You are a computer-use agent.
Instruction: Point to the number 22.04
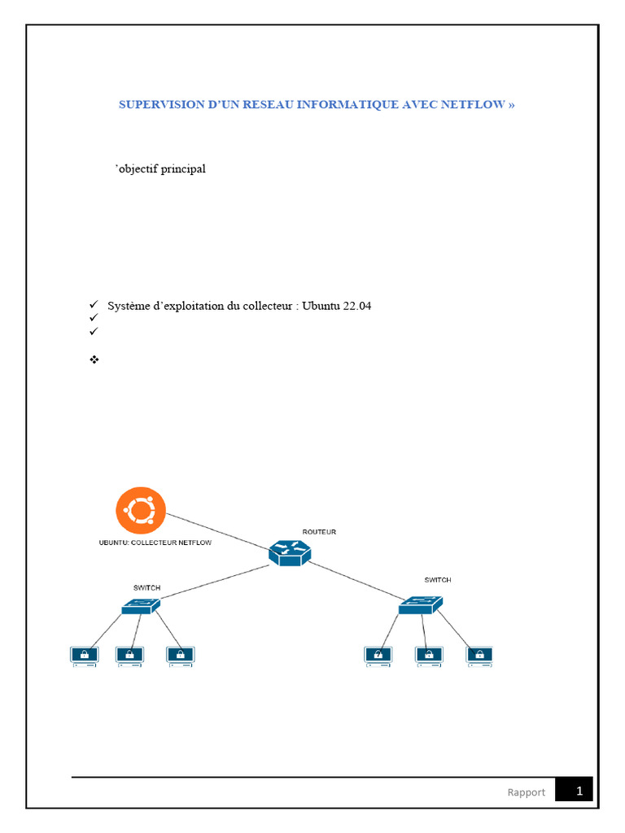point(355,306)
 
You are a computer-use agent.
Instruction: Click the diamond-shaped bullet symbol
point(93,359)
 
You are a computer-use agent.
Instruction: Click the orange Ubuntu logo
point(140,512)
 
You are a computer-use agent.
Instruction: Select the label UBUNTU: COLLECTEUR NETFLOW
point(155,543)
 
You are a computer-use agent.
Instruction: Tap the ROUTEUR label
point(319,532)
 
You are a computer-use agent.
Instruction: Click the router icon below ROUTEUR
point(290,553)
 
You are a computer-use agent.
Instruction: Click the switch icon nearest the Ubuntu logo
point(141,605)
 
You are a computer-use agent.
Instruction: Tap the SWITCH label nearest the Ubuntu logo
point(146,587)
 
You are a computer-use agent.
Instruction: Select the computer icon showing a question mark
point(378,654)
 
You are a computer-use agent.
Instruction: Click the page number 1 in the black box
point(579,791)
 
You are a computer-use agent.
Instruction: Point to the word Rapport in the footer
point(527,792)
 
